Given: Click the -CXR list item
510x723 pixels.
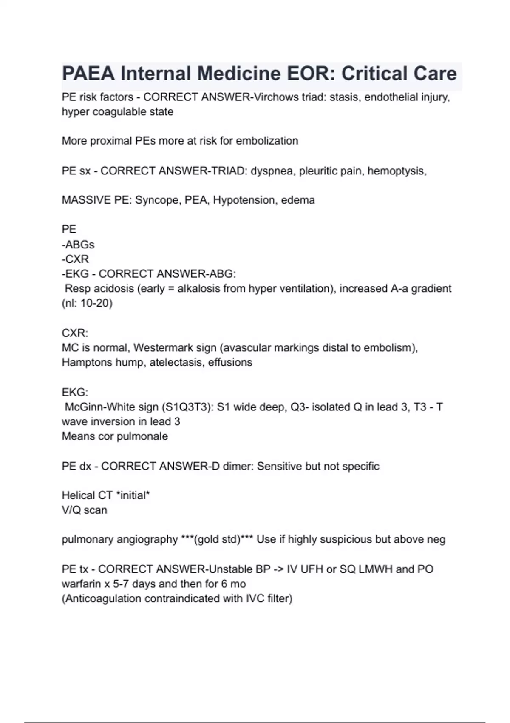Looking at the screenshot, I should tap(75, 259).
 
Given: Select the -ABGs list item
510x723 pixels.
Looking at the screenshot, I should tap(78, 245).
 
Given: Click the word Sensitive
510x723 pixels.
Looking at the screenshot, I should tap(279, 466).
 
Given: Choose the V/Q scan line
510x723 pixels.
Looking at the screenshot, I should tap(84, 510).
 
